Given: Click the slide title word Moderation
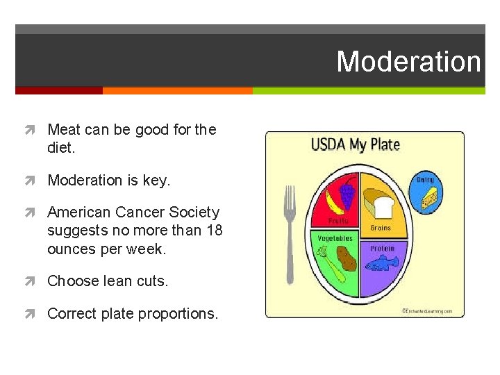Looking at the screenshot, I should click(408, 62).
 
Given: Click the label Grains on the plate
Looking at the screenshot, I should click(380, 228).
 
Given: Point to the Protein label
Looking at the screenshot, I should click(382, 248).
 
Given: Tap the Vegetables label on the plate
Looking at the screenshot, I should click(335, 238).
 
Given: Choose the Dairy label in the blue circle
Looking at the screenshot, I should click(425, 180).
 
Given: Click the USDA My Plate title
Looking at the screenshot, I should click(355, 144).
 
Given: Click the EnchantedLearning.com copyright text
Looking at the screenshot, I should click(428, 311).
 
